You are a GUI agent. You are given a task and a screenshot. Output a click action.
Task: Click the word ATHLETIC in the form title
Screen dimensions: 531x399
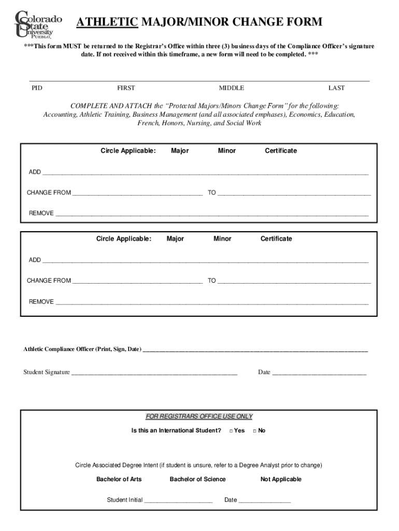107,22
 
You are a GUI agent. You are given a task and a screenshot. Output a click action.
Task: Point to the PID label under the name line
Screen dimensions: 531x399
37,88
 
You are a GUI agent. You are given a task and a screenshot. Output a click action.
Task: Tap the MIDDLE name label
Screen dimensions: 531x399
231,88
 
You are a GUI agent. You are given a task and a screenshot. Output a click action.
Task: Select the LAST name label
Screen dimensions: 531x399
336,88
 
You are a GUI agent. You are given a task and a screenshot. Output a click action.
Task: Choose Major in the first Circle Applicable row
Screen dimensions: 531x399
180,151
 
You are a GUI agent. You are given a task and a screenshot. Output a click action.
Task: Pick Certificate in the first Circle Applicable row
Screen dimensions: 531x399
281,151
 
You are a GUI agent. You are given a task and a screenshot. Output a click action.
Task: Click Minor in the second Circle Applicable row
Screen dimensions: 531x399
222,239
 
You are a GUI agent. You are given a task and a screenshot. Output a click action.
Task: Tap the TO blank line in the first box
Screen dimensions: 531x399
294,194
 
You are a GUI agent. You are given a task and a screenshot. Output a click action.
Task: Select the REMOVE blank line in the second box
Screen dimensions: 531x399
212,303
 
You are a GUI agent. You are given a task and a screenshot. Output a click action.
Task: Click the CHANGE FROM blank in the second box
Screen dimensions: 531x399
137,282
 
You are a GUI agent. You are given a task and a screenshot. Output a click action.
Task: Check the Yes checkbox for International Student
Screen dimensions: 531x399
231,431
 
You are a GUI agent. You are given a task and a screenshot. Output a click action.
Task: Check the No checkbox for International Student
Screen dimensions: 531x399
255,431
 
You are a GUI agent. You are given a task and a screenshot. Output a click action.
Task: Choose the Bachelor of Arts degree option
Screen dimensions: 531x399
119,479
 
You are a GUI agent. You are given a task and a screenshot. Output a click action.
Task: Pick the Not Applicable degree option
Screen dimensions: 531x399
281,479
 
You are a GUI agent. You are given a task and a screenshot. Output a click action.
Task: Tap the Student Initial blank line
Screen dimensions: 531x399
178,501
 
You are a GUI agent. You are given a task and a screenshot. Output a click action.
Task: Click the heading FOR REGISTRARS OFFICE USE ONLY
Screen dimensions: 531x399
199,416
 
